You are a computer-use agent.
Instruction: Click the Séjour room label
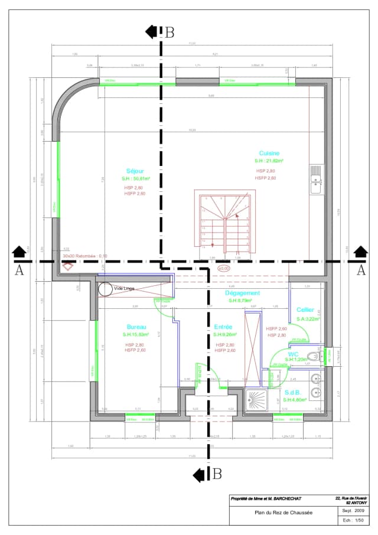(x=135, y=171)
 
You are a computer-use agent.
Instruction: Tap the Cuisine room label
(x=269, y=153)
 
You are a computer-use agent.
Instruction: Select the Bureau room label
(x=136, y=327)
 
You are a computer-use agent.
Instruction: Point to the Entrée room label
(x=223, y=327)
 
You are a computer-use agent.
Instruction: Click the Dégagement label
(x=242, y=293)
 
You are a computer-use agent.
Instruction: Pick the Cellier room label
(x=305, y=309)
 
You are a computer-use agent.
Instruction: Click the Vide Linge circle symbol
(x=105, y=289)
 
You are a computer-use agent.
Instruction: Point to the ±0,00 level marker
(x=223, y=269)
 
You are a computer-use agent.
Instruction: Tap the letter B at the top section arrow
(x=170, y=32)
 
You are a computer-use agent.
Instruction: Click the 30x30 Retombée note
(x=86, y=256)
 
